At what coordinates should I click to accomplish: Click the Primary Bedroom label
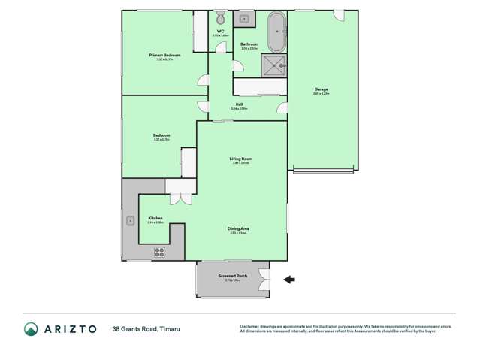click(164, 56)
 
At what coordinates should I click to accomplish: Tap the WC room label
click(220, 32)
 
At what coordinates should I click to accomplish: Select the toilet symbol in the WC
click(220, 18)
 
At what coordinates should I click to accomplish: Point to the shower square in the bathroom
click(275, 65)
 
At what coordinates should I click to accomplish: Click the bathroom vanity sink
click(246, 18)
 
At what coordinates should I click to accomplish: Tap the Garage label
click(321, 90)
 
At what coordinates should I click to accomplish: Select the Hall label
click(239, 104)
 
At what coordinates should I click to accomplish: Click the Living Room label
click(240, 159)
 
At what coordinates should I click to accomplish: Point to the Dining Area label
click(239, 228)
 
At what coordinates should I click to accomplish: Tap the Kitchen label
click(155, 219)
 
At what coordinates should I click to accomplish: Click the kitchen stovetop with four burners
click(160, 252)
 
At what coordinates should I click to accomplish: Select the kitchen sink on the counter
click(130, 220)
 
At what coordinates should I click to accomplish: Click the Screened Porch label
click(233, 276)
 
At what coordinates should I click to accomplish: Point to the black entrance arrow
click(289, 280)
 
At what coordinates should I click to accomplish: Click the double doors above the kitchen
click(180, 198)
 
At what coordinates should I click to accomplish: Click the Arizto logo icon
click(31, 329)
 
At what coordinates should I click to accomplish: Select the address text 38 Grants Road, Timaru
click(146, 329)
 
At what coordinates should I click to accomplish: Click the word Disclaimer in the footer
click(249, 326)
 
